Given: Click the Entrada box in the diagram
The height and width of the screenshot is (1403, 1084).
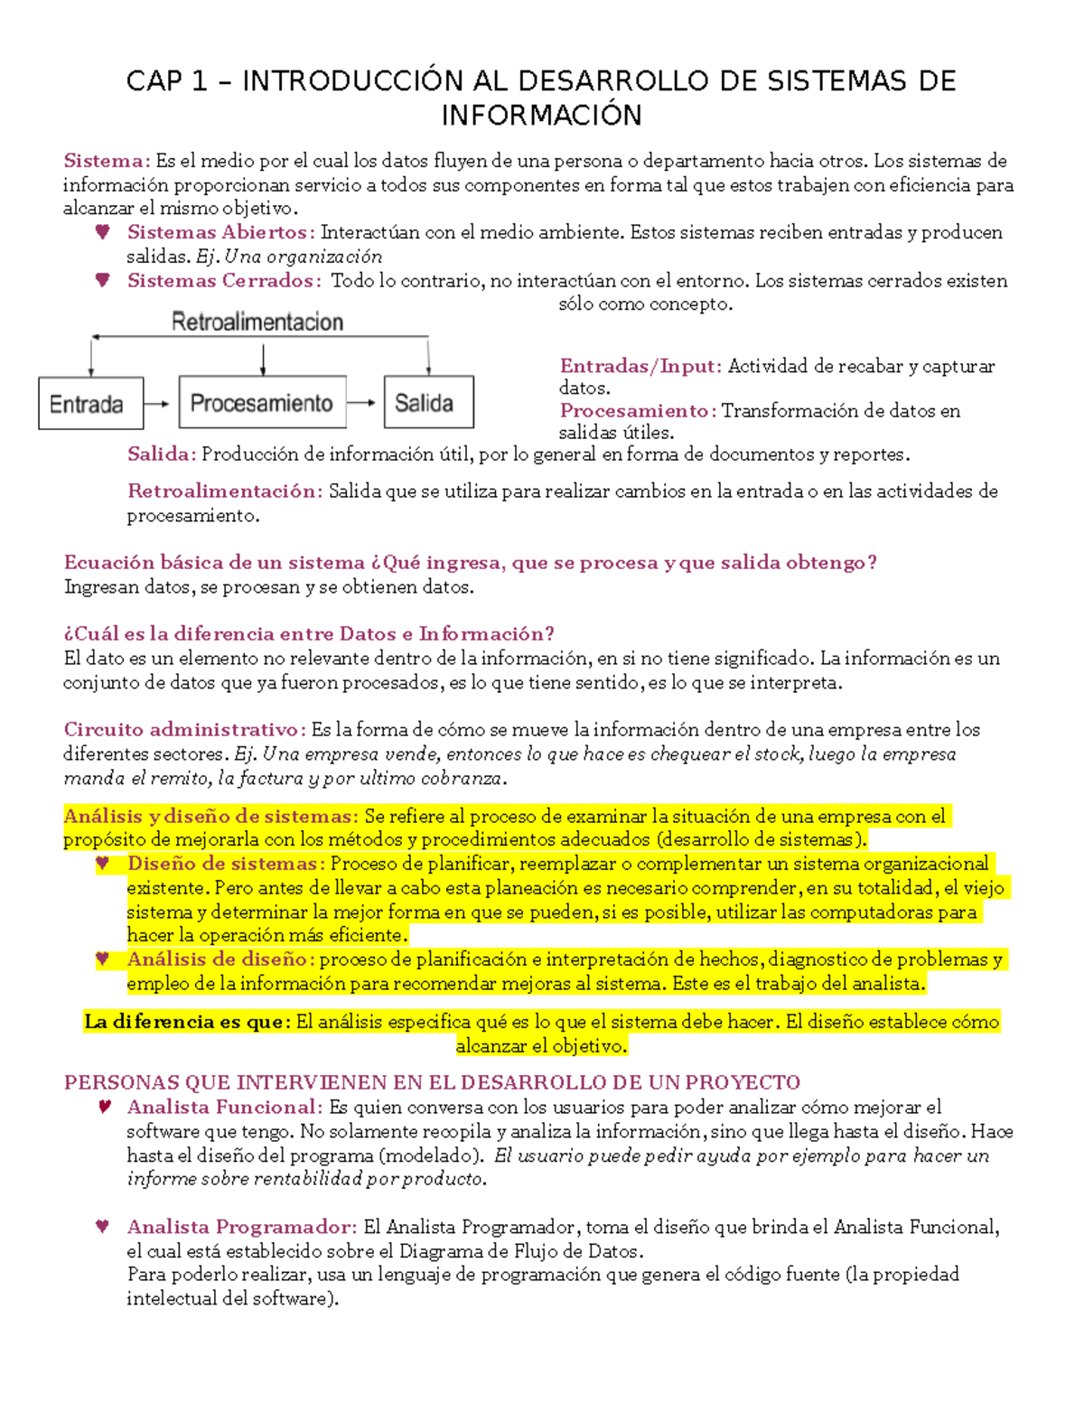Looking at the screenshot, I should (x=90, y=403).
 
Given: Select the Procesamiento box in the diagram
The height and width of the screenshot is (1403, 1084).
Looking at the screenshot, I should (x=262, y=403).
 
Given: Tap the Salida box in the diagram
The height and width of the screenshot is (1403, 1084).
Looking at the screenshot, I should (x=428, y=403).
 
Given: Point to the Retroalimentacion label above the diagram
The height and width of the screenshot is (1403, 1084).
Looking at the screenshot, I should (x=257, y=323).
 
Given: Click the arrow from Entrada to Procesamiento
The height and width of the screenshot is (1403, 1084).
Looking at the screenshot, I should (x=156, y=404).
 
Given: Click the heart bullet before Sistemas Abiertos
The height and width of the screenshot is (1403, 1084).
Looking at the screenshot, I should (x=103, y=232).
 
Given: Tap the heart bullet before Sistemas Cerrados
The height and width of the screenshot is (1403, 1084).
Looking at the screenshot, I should (x=103, y=280).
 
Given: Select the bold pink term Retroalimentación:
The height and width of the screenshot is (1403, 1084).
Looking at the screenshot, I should (x=225, y=491).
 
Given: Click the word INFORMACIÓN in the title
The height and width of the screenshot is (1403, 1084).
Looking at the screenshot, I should (x=541, y=116).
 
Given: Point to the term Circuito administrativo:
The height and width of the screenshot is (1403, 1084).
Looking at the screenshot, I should (x=184, y=730).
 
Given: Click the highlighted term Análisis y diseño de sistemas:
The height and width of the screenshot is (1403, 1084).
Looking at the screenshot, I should (x=211, y=817).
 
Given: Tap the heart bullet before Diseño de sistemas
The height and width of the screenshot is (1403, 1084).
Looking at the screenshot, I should (x=103, y=864).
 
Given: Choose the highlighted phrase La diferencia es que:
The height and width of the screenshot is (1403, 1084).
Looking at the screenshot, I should (x=188, y=1022).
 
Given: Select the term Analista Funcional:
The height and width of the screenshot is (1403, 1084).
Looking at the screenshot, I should (x=225, y=1108).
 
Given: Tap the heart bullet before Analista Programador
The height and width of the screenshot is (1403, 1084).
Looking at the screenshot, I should (x=103, y=1227).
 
